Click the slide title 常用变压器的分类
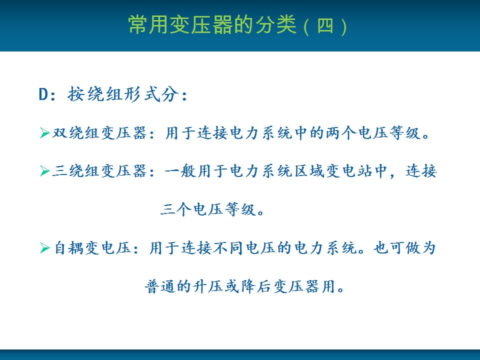[x=212, y=24]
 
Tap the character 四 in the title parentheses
[x=325, y=25]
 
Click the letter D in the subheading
[x=43, y=94]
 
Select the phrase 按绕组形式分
[x=123, y=93]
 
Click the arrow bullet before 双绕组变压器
[x=44, y=133]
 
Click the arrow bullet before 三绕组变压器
[x=44, y=171]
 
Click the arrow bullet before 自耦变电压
[x=44, y=247]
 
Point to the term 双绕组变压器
[x=99, y=133]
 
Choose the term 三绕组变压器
[x=99, y=171]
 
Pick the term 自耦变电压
[x=92, y=247]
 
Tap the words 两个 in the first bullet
[x=341, y=133]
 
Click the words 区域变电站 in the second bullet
[x=333, y=171]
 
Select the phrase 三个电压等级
[x=208, y=209]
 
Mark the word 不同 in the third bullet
[x=228, y=247]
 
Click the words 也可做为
[x=404, y=247]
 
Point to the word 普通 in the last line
[x=160, y=286]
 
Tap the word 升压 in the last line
[x=208, y=286]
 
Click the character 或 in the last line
[x=231, y=286]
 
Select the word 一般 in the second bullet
[x=180, y=171]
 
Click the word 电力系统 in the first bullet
[x=261, y=133]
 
